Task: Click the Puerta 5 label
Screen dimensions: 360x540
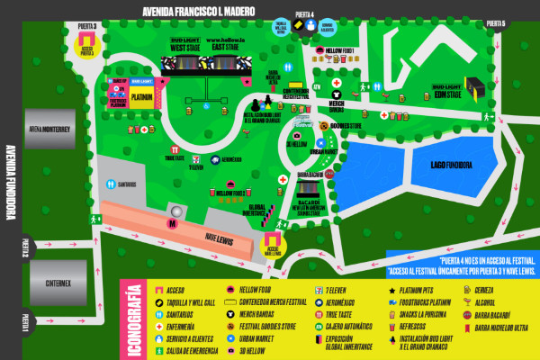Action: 496,23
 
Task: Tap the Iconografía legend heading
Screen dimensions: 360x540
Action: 133,318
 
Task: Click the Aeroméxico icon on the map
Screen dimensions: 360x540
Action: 215,159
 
